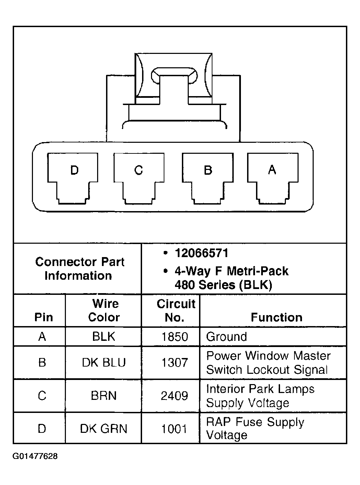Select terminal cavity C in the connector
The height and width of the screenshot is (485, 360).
tap(139, 177)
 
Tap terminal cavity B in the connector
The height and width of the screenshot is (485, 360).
tap(207, 177)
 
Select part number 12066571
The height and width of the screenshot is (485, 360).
tap(201, 253)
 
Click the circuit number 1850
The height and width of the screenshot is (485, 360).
tap(175, 337)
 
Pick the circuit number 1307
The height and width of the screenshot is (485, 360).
tap(175, 362)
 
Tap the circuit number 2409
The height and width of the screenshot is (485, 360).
tap(175, 396)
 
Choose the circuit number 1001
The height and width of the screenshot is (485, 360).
tap(175, 429)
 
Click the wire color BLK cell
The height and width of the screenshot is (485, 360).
tap(104, 337)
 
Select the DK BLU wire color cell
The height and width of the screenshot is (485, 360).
tap(104, 362)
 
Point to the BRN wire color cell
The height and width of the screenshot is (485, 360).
tap(104, 396)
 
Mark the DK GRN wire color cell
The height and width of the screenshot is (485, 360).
tap(104, 429)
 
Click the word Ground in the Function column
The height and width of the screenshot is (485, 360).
tap(227, 337)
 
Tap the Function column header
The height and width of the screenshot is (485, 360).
tap(277, 317)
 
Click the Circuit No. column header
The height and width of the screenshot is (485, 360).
tap(176, 310)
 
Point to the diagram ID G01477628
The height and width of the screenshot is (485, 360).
tap(35, 457)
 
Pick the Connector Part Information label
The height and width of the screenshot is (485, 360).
tap(79, 269)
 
